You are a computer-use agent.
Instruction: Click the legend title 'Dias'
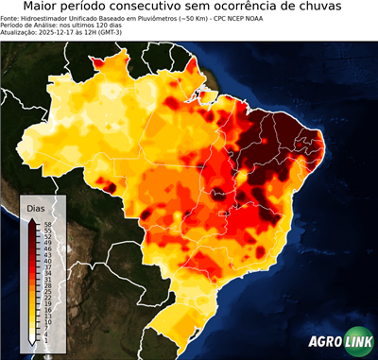tap(37, 208)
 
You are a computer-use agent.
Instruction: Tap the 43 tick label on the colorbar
tap(45, 255)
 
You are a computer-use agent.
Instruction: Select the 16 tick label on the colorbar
tap(45, 308)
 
